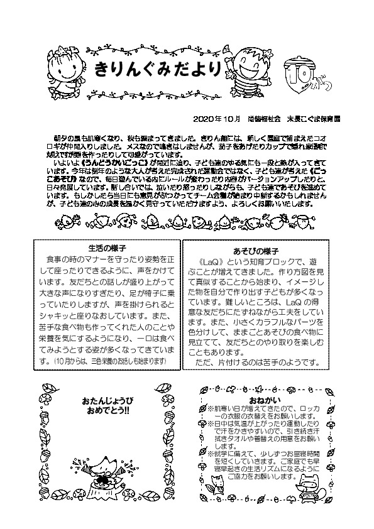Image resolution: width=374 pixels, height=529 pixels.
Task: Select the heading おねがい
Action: point(264,400)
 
